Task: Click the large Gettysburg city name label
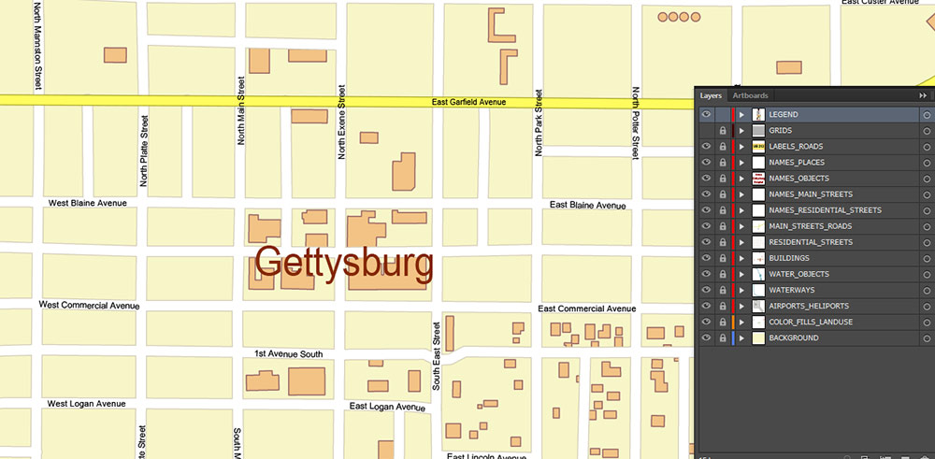[x=345, y=265]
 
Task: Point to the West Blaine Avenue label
[x=87, y=203]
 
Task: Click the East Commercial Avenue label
[x=587, y=308]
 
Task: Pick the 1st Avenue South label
[x=288, y=354]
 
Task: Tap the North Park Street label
[x=539, y=122]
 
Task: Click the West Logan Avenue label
[x=86, y=404]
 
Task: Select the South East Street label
[x=437, y=354]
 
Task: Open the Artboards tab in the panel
[x=750, y=95]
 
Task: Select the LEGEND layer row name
[x=784, y=115]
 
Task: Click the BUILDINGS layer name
[x=789, y=258]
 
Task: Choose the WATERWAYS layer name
[x=791, y=290]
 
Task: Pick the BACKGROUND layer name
[x=794, y=337]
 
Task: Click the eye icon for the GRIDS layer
[x=707, y=131]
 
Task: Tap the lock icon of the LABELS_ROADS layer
[x=723, y=147]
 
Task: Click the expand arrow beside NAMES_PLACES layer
[x=741, y=163]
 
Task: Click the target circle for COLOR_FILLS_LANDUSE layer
[x=926, y=322]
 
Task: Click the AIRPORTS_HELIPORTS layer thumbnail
[x=758, y=306]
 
